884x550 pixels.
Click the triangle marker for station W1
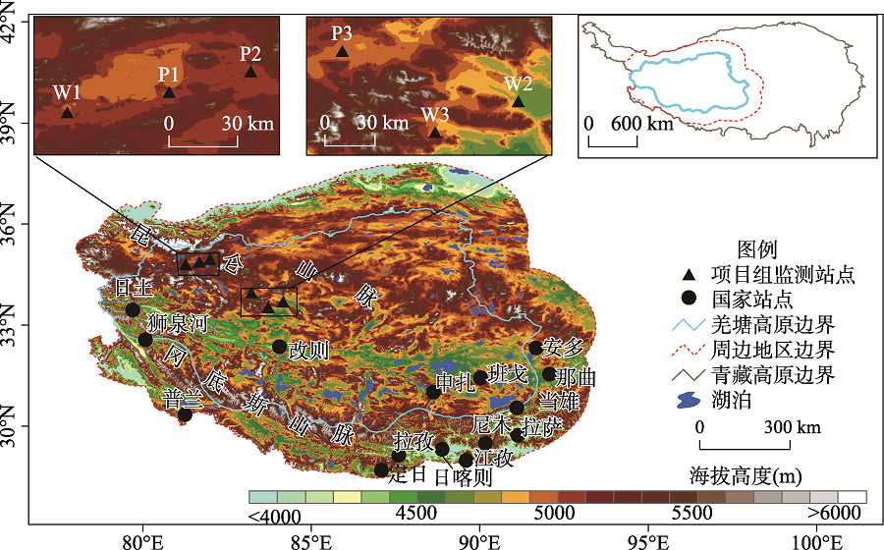click(x=68, y=112)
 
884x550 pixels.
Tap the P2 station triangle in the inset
click(x=250, y=72)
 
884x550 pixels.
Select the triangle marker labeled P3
click(x=342, y=51)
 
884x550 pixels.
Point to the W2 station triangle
click(x=518, y=101)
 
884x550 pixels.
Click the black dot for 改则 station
click(x=280, y=346)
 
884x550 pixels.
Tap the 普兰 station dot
click(x=185, y=414)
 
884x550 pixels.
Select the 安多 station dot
click(x=535, y=348)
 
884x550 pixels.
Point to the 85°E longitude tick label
click(x=310, y=539)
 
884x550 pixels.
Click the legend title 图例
click(x=756, y=249)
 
